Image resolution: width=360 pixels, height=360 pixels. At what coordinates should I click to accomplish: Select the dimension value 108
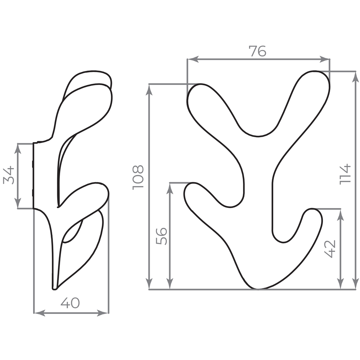138,177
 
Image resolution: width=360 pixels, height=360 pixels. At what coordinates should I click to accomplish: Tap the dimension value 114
345,174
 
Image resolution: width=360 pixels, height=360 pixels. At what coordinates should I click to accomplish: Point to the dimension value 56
161,236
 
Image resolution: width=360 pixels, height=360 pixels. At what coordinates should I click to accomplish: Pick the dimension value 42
330,249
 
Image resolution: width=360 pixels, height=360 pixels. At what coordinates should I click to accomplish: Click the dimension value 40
70,303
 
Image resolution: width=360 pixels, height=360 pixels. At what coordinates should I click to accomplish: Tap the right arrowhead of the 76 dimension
324,59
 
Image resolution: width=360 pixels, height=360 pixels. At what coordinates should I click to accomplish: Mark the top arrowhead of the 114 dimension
355,77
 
